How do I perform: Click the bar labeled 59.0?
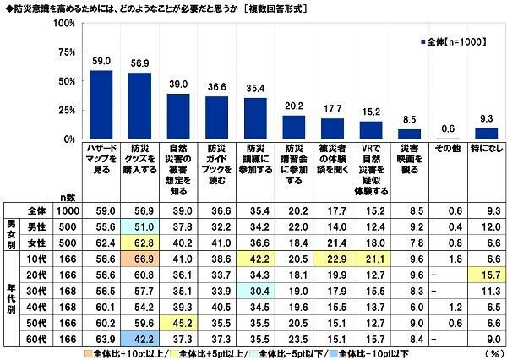(x=101, y=105)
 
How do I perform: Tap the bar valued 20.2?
(x=293, y=127)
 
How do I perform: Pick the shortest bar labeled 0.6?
(x=447, y=138)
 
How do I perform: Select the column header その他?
(x=447, y=148)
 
